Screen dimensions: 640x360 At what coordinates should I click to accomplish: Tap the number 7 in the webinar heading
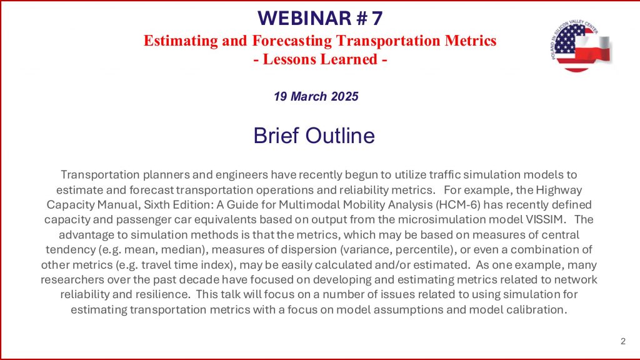(x=377, y=18)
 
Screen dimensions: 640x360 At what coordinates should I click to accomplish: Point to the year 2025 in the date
(x=345, y=96)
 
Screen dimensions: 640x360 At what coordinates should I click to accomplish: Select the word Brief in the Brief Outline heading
(x=276, y=136)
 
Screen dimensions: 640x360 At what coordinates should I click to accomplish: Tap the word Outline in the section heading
(x=340, y=136)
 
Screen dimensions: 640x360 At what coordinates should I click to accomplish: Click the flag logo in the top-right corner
(x=581, y=46)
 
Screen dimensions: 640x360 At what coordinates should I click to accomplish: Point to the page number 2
(x=623, y=341)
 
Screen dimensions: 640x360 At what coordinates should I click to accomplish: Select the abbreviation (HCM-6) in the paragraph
(x=457, y=204)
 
